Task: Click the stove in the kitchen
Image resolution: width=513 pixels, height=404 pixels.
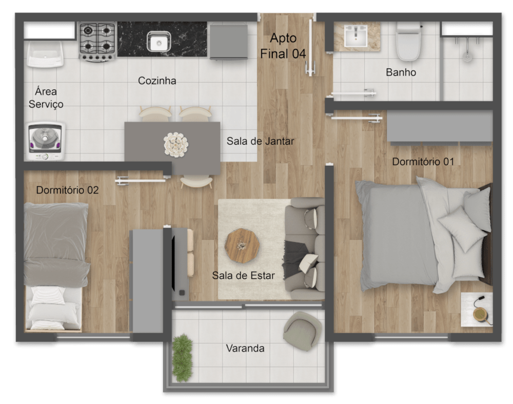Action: [97, 42]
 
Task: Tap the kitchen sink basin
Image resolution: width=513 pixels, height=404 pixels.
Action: [159, 41]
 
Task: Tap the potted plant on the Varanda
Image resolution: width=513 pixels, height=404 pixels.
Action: [182, 357]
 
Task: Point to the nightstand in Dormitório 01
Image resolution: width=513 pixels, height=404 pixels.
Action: [477, 309]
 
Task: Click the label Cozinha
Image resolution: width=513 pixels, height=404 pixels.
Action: [157, 81]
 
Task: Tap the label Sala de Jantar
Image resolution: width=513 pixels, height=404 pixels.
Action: [261, 141]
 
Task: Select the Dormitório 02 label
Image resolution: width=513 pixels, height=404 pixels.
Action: [67, 190]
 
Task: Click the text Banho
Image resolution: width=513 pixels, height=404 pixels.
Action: [401, 73]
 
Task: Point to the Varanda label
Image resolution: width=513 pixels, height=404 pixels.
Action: [245, 349]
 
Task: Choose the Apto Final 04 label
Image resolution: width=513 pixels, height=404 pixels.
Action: [283, 46]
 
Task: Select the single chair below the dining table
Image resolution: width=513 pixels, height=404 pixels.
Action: [196, 180]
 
